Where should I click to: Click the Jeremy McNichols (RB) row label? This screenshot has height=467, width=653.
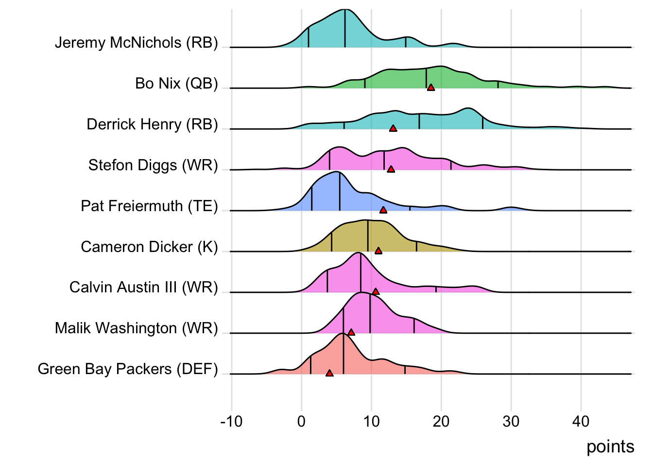click(x=136, y=43)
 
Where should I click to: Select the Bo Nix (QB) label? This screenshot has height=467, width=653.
click(x=176, y=84)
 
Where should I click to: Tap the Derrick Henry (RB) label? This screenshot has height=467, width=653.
click(x=152, y=125)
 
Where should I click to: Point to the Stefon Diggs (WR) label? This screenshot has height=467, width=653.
click(x=153, y=165)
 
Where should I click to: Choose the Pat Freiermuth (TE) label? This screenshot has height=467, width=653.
click(x=149, y=206)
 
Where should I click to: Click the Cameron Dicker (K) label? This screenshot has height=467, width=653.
click(x=149, y=247)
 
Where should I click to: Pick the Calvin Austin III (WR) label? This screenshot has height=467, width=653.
click(x=143, y=287)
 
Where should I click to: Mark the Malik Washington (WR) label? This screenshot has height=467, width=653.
click(x=136, y=328)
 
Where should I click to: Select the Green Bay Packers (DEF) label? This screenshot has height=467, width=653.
click(x=128, y=369)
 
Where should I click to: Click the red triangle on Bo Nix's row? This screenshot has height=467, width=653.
click(x=430, y=88)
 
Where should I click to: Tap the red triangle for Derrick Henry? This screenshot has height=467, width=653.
click(x=393, y=128)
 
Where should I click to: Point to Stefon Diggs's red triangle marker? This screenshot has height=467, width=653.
click(x=391, y=169)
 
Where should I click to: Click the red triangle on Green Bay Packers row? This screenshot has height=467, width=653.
click(x=329, y=373)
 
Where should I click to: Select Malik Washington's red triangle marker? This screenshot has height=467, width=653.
click(x=351, y=332)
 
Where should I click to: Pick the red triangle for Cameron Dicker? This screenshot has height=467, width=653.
click(x=378, y=251)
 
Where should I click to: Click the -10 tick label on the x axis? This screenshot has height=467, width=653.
click(x=231, y=421)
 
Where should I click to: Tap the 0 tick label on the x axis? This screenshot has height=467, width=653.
click(x=301, y=421)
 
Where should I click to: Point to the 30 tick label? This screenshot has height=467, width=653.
click(x=511, y=421)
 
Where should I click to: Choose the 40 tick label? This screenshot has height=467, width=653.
click(x=581, y=421)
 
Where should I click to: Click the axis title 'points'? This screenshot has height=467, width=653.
click(x=610, y=447)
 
